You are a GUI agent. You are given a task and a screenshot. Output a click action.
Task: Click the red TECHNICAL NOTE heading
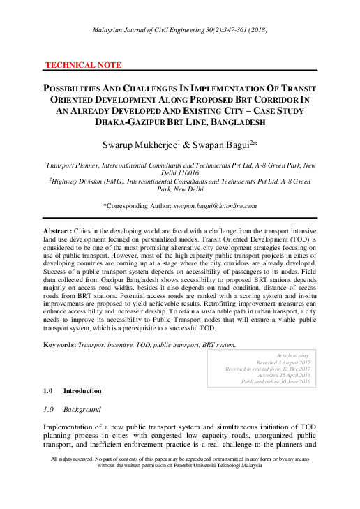click(x=83, y=65)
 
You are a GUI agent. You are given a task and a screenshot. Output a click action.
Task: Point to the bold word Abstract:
click(x=59, y=230)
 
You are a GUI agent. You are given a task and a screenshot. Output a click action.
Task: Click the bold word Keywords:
click(x=59, y=345)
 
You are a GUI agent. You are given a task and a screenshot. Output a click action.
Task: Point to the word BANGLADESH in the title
click(x=232, y=121)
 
